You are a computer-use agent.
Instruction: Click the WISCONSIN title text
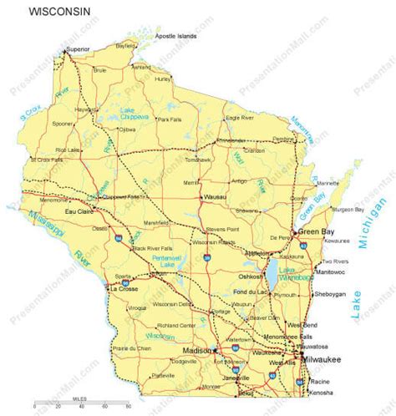tap(60, 13)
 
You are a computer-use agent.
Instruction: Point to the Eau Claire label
tap(56, 212)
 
